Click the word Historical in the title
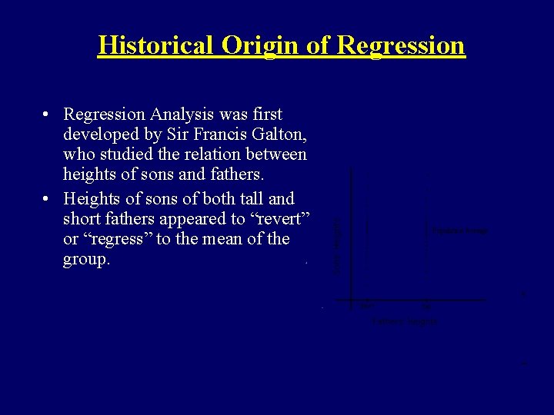click(157, 45)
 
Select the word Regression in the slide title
click(401, 45)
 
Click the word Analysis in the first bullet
click(182, 115)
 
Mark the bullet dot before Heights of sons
click(47, 199)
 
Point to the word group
click(87, 260)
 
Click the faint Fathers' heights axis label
click(404, 321)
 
